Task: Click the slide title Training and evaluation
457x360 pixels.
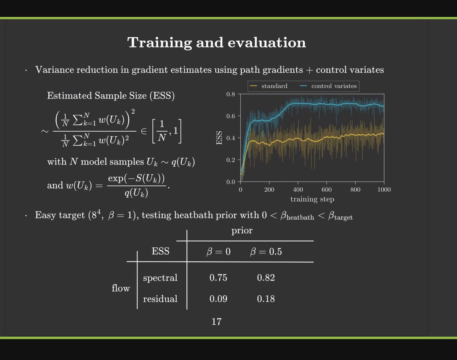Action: (x=216, y=43)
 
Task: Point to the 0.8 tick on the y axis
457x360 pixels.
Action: (x=232, y=94)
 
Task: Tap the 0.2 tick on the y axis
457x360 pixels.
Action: (x=232, y=160)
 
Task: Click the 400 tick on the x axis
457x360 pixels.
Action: (x=298, y=190)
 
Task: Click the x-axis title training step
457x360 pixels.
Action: (x=312, y=199)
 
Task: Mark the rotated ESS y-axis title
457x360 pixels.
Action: (x=219, y=137)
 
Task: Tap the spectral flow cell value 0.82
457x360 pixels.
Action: (x=266, y=278)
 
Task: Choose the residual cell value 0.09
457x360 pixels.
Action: (x=218, y=299)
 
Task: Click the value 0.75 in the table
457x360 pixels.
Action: (x=218, y=278)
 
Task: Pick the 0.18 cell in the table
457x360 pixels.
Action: (x=266, y=299)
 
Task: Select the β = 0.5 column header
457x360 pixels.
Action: (x=266, y=252)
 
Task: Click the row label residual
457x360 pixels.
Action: (x=160, y=299)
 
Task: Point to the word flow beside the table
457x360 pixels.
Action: (x=121, y=288)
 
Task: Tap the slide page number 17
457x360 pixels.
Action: (x=216, y=322)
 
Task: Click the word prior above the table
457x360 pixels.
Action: (x=242, y=231)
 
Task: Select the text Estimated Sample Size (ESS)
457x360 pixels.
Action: (x=110, y=96)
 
